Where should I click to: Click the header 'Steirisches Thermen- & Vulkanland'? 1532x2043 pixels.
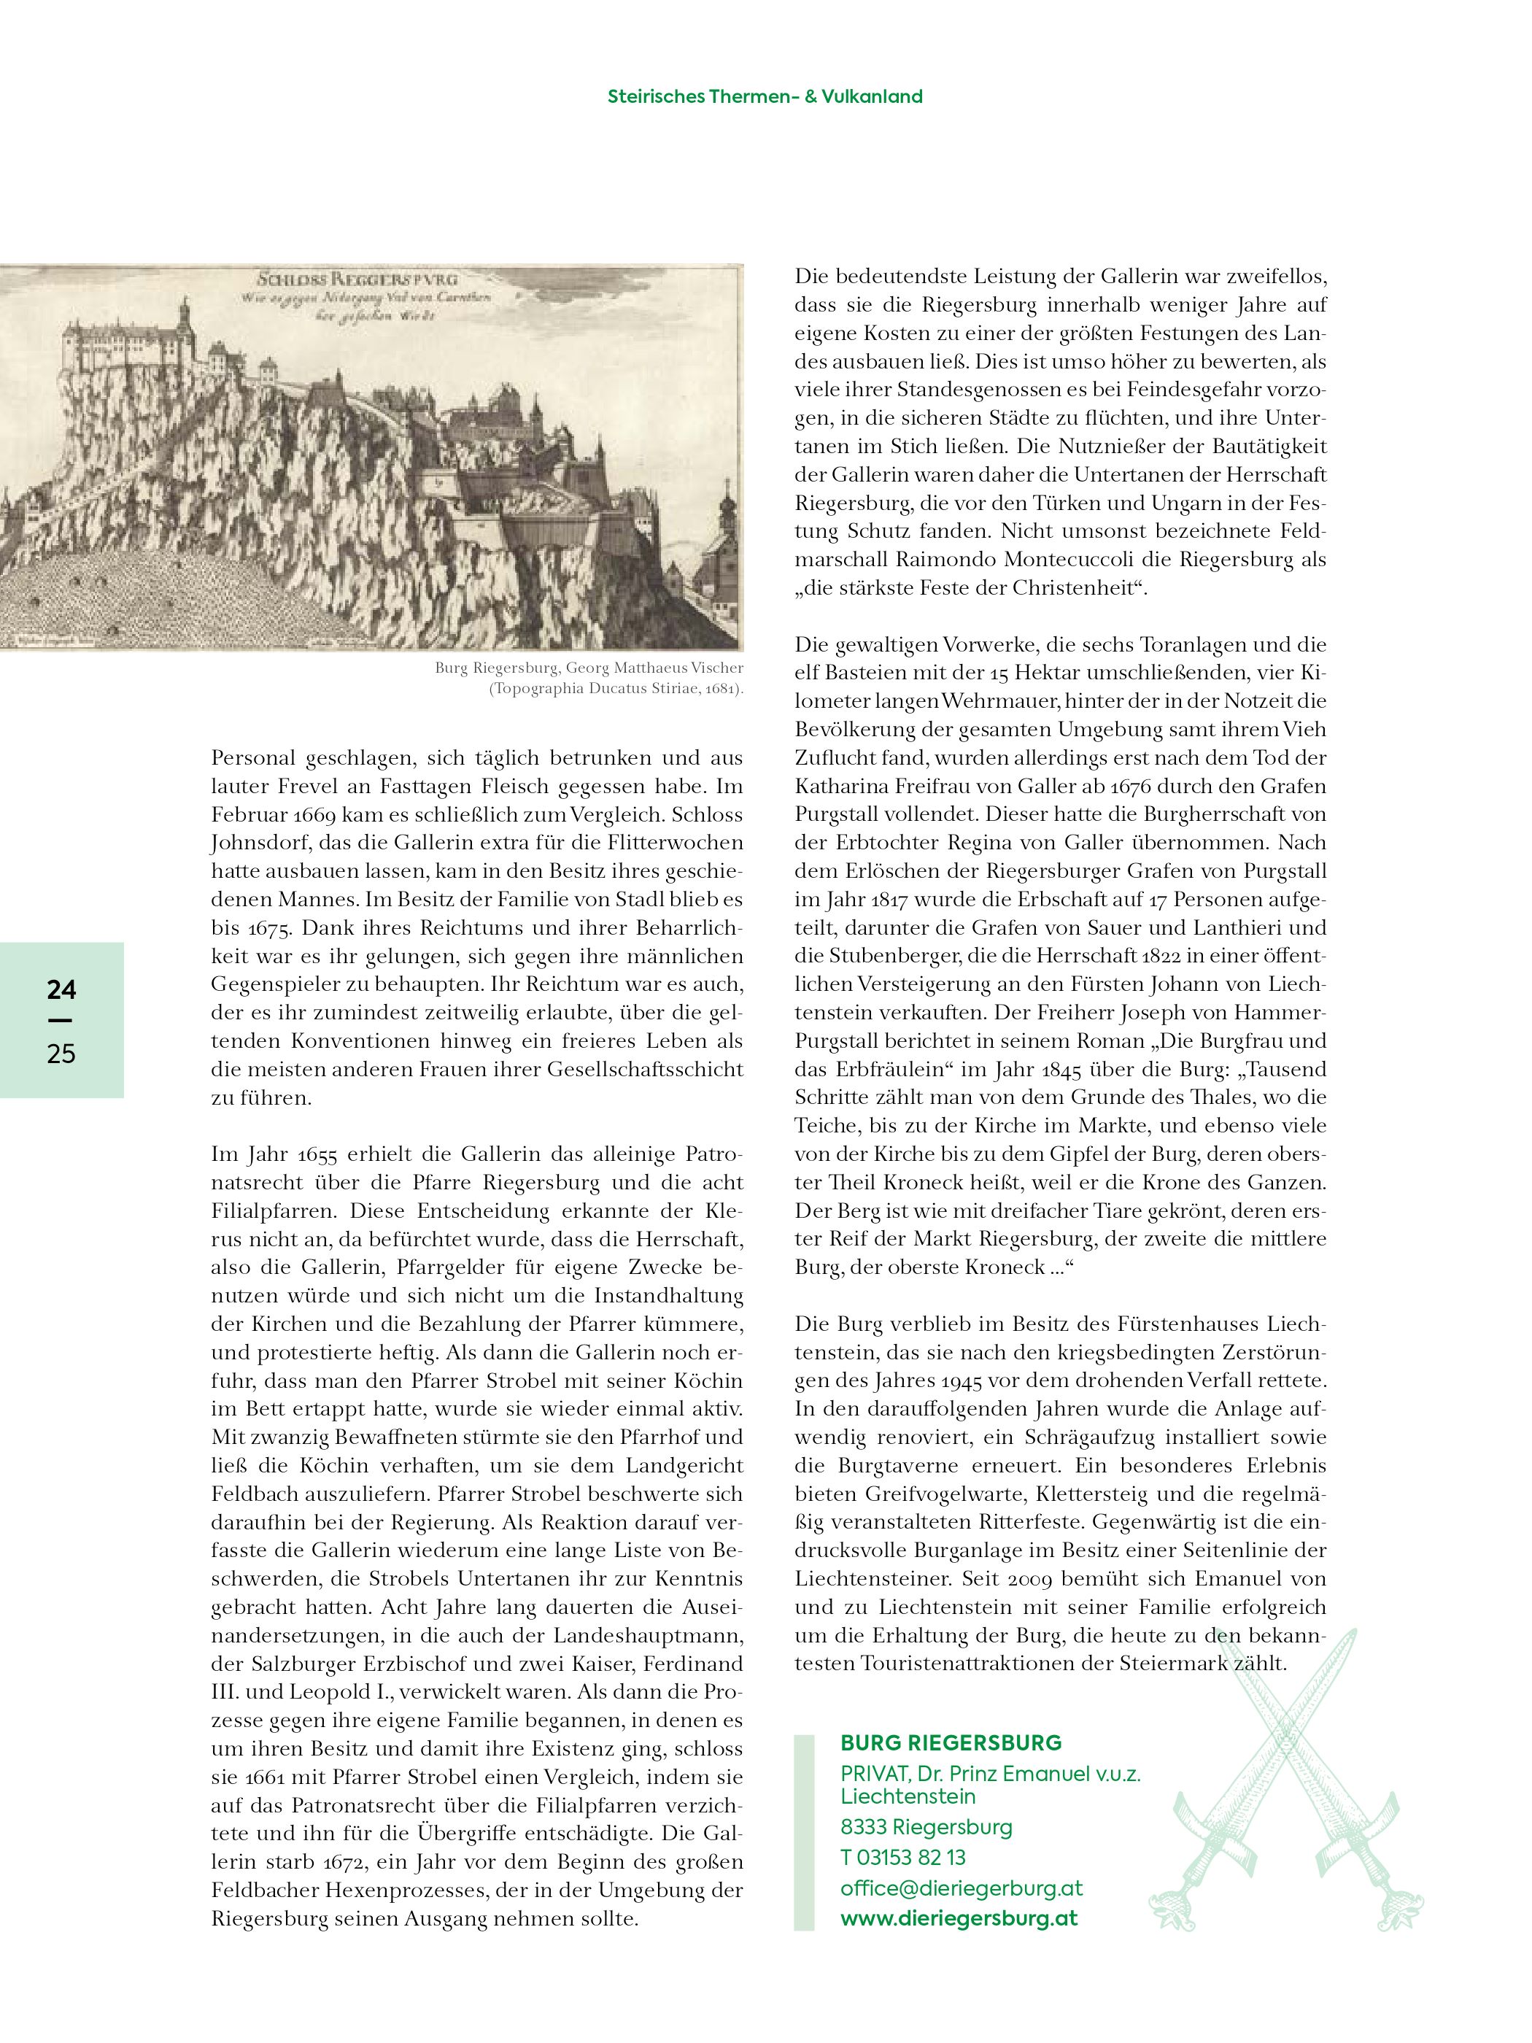coord(765,96)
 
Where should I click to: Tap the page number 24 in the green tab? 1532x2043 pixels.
coord(61,990)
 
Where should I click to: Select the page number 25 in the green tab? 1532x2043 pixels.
coord(61,1054)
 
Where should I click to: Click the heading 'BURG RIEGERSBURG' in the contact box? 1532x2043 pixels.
coord(951,1743)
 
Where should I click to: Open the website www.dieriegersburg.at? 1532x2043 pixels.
coord(959,1918)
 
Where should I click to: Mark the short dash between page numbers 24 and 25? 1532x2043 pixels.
coord(61,1021)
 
